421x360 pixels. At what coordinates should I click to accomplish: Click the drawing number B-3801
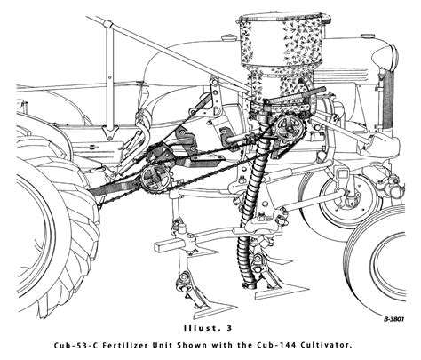pos(394,319)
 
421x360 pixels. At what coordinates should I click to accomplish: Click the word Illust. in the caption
pos(202,328)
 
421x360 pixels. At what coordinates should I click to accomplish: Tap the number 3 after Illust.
pos(229,328)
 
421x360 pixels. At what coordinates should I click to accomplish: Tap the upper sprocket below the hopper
pos(289,128)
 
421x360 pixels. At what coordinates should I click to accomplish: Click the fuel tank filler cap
pos(229,38)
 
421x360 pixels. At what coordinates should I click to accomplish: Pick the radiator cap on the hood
pos(368,36)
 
